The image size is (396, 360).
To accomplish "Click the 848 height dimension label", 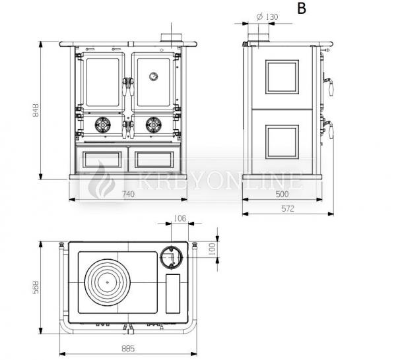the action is point(36,110).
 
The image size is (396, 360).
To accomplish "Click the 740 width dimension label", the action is point(128,194).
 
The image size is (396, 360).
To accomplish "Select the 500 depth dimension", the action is point(282,194).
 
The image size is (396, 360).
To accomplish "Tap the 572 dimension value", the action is point(288,208).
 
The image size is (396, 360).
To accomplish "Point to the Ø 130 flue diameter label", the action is point(267,17).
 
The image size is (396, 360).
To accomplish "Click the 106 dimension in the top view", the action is point(180,218).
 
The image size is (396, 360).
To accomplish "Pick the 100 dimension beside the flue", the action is point(212,249).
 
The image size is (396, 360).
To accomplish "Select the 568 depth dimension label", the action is point(36,287).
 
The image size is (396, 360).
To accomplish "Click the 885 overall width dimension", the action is point(128,348).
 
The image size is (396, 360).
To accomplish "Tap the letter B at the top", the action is point(302,8).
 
